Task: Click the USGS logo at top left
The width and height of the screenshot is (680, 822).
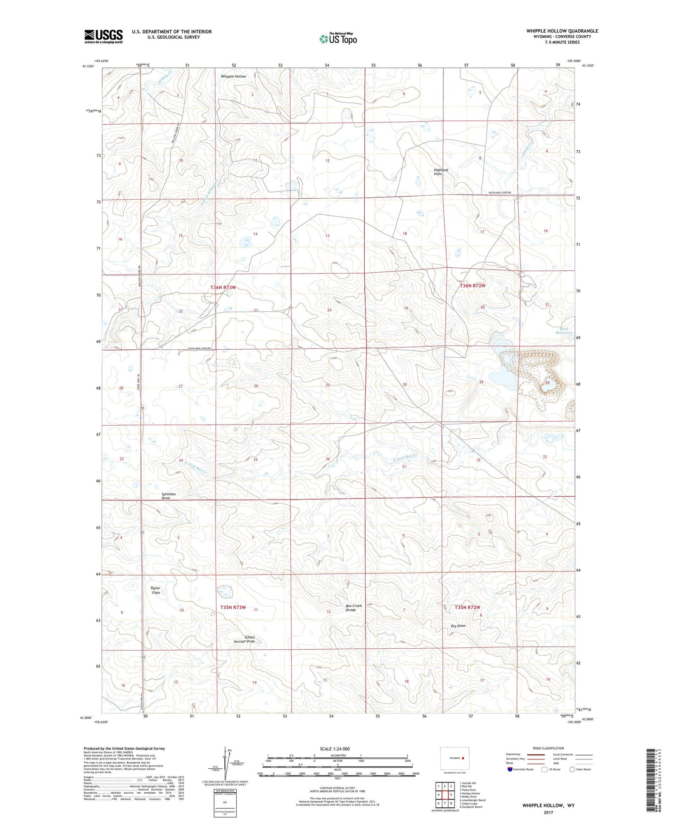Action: [x=104, y=36]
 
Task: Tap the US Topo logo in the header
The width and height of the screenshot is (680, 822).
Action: [x=337, y=39]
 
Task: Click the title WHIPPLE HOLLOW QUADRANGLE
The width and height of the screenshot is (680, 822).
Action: [x=562, y=31]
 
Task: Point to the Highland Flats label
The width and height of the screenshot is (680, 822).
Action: [x=441, y=172]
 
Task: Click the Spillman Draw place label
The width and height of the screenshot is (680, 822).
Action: [x=168, y=496]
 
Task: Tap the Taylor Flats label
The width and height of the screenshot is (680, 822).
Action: [x=155, y=590]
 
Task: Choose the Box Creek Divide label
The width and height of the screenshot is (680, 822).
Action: [x=354, y=608]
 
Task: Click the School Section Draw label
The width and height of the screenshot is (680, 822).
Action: [x=245, y=639]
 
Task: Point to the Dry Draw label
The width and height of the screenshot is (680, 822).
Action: [x=458, y=626]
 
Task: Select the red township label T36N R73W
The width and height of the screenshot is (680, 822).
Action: [x=223, y=287]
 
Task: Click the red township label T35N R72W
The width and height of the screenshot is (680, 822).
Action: [x=468, y=608]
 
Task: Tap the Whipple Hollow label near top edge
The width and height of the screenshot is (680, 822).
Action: [x=233, y=76]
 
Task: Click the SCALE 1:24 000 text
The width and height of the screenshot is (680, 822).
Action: [x=335, y=749]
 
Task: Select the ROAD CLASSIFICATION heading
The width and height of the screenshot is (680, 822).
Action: [x=548, y=748]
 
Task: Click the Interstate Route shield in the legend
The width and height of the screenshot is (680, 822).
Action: [x=511, y=769]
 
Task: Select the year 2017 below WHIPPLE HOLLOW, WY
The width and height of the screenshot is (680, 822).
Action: [x=548, y=812]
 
